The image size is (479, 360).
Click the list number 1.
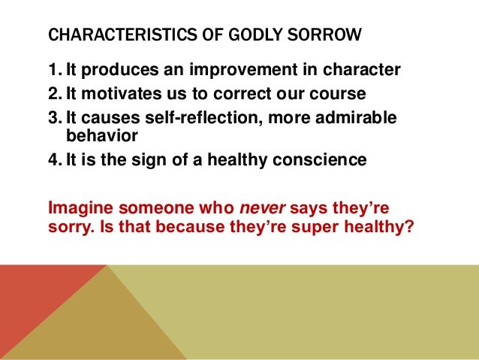52,71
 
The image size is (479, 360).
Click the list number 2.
52,94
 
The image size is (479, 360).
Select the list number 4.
52,160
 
